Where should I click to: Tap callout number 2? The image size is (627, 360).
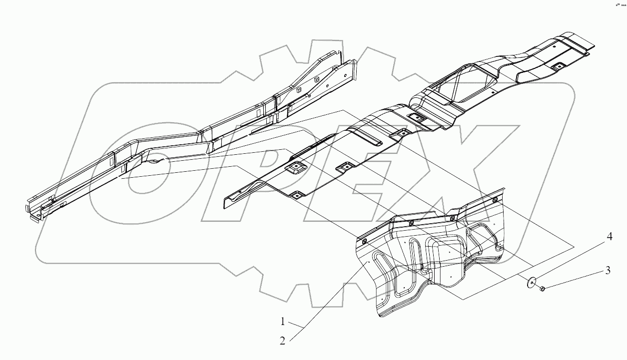(283, 341)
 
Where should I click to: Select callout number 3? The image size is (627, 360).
(608, 271)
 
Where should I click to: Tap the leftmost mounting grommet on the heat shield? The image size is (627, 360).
(363, 241)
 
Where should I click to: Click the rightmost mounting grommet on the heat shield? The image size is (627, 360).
(495, 201)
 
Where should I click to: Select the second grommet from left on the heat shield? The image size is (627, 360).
(411, 223)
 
